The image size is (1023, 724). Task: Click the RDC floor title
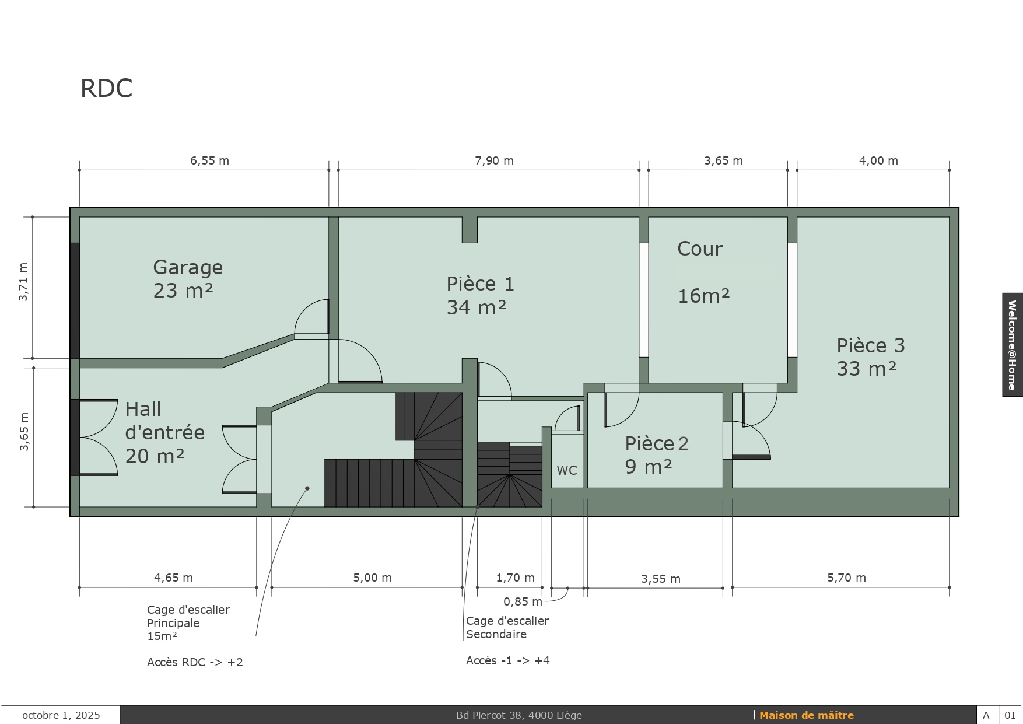point(106,88)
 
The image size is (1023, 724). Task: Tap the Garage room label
point(188,278)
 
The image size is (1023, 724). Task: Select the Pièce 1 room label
point(480,295)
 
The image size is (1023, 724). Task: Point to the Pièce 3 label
point(871,356)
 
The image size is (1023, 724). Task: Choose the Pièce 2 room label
point(657,454)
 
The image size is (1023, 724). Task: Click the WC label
point(567,470)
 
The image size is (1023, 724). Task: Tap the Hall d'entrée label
point(165,432)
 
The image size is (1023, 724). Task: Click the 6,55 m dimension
point(209,160)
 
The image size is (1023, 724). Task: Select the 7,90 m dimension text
point(494,160)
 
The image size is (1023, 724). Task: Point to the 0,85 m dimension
point(523,601)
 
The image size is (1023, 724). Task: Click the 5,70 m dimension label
point(846,578)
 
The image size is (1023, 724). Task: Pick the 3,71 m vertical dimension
point(23,282)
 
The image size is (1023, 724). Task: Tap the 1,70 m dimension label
point(515,578)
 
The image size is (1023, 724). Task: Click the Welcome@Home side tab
point(1013,345)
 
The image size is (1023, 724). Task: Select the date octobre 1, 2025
point(61,715)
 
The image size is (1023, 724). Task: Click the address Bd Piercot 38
point(489,715)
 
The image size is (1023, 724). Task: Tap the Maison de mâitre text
point(806,715)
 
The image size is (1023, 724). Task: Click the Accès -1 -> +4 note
point(508,660)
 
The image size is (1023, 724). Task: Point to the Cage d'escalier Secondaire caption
point(507,627)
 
